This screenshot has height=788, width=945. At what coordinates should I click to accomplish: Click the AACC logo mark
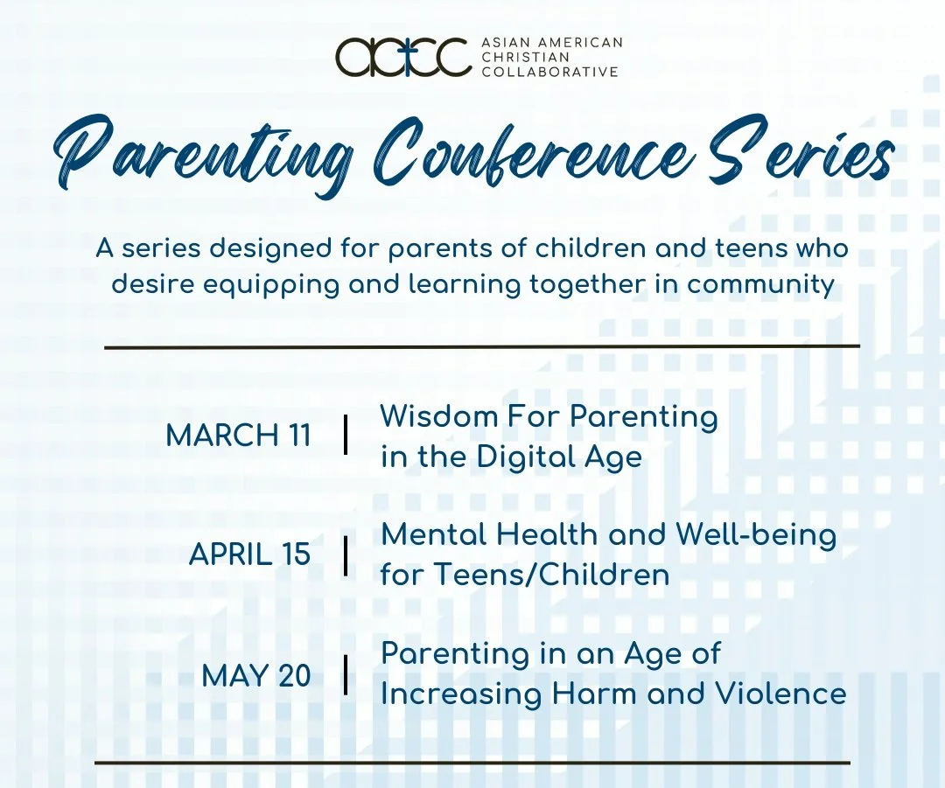[402, 57]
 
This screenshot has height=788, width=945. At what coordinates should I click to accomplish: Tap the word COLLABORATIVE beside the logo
[550, 72]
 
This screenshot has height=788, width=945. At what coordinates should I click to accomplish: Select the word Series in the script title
[805, 157]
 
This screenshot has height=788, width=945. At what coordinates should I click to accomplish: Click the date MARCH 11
[238, 436]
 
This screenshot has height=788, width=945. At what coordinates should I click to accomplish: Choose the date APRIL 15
[249, 554]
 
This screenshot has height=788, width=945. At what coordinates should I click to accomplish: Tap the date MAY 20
[255, 674]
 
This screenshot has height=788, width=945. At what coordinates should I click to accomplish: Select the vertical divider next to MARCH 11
[346, 435]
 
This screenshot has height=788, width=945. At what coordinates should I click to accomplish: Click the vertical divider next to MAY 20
[346, 674]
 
